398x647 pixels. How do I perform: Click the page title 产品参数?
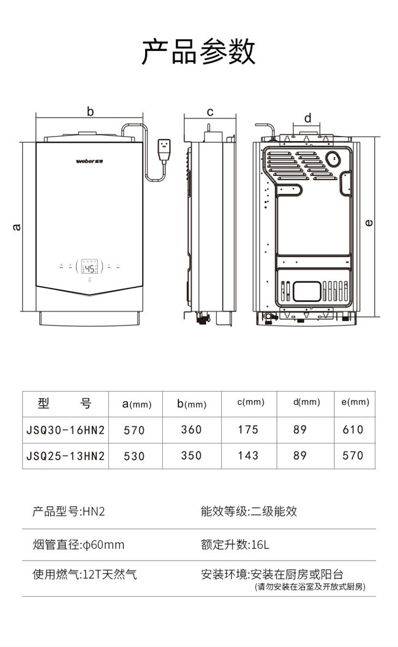pyautogui.click(x=198, y=51)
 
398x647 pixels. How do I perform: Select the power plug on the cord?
pyautogui.click(x=164, y=149)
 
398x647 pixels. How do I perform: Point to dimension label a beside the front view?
pyautogui.click(x=17, y=227)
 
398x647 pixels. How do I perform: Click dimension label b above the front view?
pyautogui.click(x=90, y=112)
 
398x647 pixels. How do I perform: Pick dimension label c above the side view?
pyautogui.click(x=209, y=112)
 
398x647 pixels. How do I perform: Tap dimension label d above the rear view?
pyautogui.click(x=307, y=118)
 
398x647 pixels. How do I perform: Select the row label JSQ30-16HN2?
pyautogui.click(x=66, y=430)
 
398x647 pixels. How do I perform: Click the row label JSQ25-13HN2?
pyautogui.click(x=66, y=456)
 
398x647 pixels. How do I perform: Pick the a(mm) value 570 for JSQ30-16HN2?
pyautogui.click(x=134, y=430)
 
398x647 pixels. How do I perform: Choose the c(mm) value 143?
pyautogui.click(x=248, y=455)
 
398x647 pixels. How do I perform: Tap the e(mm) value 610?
pyautogui.click(x=353, y=429)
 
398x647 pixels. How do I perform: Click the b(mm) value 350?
pyautogui.click(x=191, y=455)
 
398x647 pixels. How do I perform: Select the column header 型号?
pyautogui.click(x=64, y=403)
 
